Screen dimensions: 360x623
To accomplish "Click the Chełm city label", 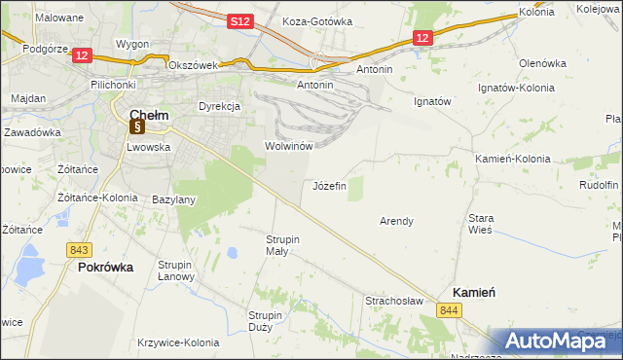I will coord(148,115).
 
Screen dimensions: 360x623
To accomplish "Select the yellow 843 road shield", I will coord(80,249).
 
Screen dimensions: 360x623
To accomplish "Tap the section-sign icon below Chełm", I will coord(137,126).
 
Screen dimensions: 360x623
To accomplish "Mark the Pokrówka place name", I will coord(105,267).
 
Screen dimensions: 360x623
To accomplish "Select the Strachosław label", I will coord(393,302).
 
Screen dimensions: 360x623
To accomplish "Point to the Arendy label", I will coord(396,221).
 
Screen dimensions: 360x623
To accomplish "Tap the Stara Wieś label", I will coord(481,225).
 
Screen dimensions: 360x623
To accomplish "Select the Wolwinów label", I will coord(288,146).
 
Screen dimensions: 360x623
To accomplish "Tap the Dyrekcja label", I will coord(219,105).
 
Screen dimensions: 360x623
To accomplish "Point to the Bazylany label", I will coord(174,199).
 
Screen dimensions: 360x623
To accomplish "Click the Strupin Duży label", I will coord(265,321).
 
